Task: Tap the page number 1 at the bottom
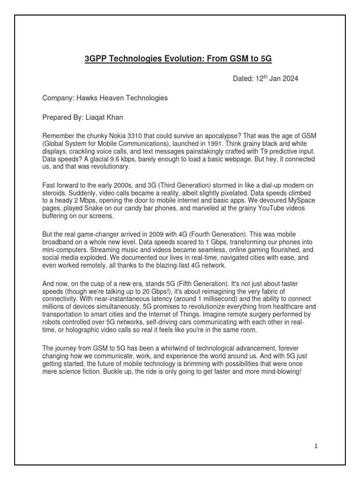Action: point(316,446)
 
